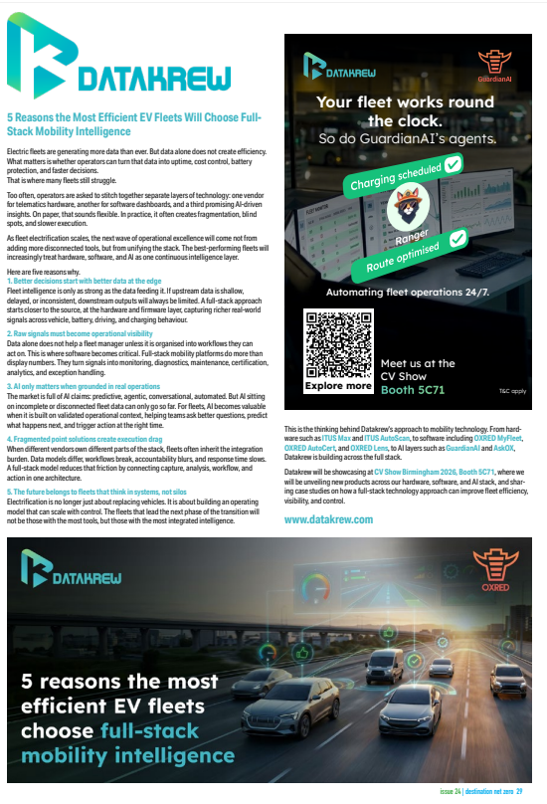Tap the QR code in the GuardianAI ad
338,342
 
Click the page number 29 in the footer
533,793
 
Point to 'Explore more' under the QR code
337,384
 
